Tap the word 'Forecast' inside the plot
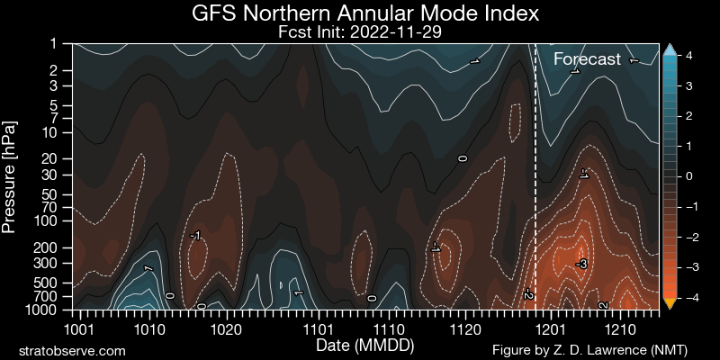coord(587,60)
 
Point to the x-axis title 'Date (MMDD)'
coord(365,345)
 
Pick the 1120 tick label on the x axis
coord(464,328)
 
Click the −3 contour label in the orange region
coord(581,264)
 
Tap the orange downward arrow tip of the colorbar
coord(670,303)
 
